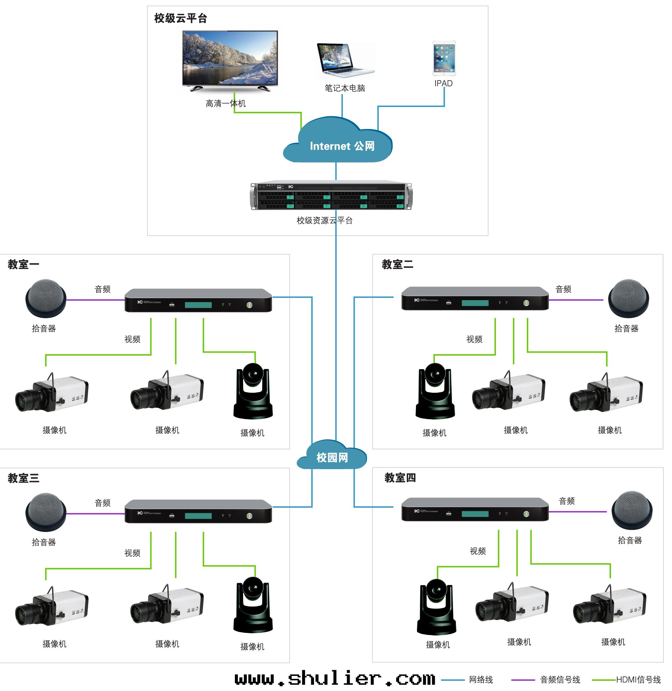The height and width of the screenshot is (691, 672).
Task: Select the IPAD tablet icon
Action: click(x=444, y=58)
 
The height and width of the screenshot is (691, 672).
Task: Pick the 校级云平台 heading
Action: click(x=180, y=18)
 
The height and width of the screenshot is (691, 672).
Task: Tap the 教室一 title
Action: click(x=23, y=264)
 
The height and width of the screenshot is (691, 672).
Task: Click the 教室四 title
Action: click(x=400, y=478)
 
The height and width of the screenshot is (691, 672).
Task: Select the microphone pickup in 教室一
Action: click(x=46, y=298)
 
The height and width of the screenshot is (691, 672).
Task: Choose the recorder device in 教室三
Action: click(x=198, y=511)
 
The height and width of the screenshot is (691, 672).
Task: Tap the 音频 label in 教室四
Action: click(x=566, y=501)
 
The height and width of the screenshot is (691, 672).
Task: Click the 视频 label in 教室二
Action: click(x=474, y=339)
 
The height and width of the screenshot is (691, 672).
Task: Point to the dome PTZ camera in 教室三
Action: click(x=253, y=605)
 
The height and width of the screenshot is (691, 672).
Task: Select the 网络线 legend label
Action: click(x=481, y=679)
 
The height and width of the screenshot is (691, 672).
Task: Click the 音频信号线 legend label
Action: click(x=560, y=679)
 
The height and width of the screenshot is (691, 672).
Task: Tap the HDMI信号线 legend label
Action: click(x=638, y=679)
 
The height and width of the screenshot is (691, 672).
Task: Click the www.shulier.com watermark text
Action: click(x=335, y=678)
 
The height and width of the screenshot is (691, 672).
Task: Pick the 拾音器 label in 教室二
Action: click(x=626, y=328)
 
